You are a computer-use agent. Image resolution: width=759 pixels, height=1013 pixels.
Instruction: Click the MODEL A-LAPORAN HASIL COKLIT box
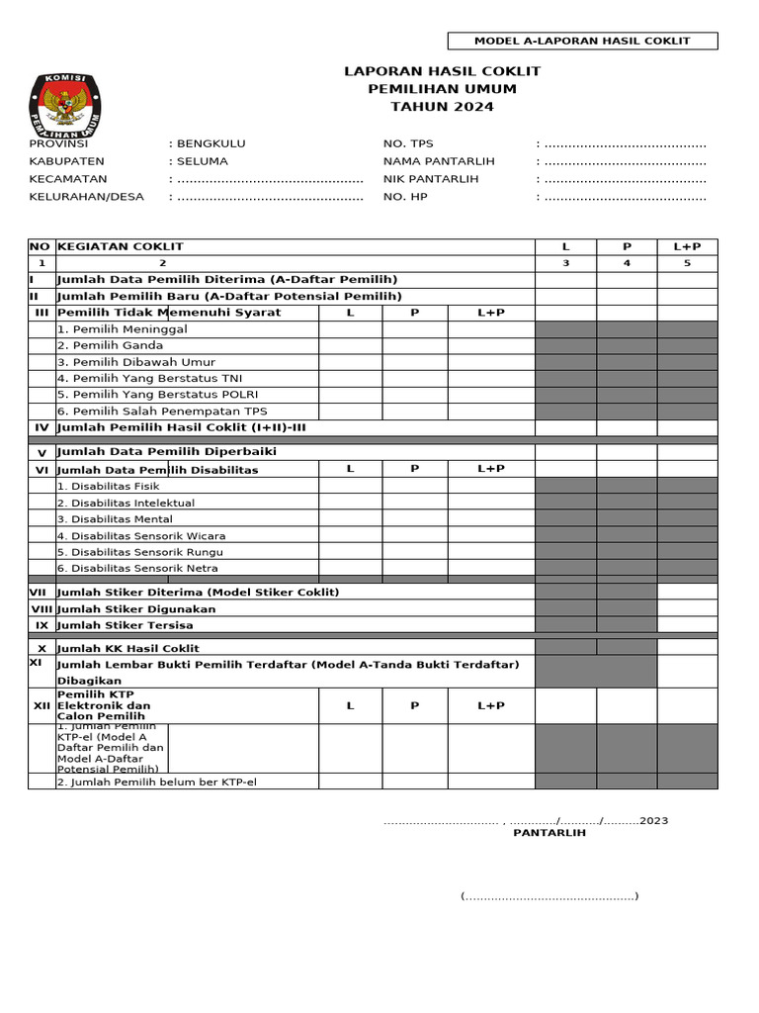point(582,41)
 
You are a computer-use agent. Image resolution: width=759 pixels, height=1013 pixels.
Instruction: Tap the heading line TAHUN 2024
point(442,107)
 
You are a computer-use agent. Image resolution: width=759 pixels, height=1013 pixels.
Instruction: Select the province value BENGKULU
point(211,143)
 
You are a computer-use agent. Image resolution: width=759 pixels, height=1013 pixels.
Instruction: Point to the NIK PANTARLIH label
point(431,179)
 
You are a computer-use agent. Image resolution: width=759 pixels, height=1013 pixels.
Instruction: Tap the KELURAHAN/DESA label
point(86,197)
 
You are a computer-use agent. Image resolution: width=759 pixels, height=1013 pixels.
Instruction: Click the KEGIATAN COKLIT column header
point(121,246)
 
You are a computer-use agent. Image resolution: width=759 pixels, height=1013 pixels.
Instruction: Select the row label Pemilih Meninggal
point(122,329)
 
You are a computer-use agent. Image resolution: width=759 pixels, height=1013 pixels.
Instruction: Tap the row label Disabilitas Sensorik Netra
point(137,568)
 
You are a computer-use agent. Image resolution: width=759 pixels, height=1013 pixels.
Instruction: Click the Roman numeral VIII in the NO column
point(42,609)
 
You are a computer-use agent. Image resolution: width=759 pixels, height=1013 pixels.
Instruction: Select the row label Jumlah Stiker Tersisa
point(126,625)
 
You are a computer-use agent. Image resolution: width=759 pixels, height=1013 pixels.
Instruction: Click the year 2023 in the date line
point(653,821)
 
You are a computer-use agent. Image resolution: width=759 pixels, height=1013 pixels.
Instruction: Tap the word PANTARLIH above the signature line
point(548,833)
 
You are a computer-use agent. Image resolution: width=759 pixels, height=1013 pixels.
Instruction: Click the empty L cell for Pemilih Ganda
point(350,345)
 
